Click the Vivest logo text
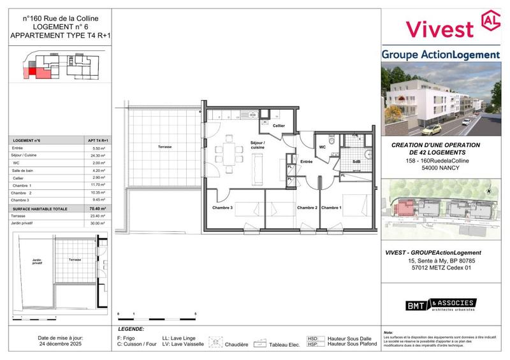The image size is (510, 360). coord(440,27)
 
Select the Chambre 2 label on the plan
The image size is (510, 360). coord(307,208)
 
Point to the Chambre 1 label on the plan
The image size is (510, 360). coord(331,208)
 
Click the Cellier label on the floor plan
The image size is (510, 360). coord(279,126)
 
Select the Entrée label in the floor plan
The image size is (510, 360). coord(307,162)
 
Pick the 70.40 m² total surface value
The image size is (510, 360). coord(98,208)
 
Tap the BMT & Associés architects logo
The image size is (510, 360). coord(441,305)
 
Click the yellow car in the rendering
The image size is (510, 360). coord(432,128)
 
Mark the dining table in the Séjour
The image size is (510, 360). coord(228,153)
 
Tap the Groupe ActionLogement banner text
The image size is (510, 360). coord(441,55)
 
